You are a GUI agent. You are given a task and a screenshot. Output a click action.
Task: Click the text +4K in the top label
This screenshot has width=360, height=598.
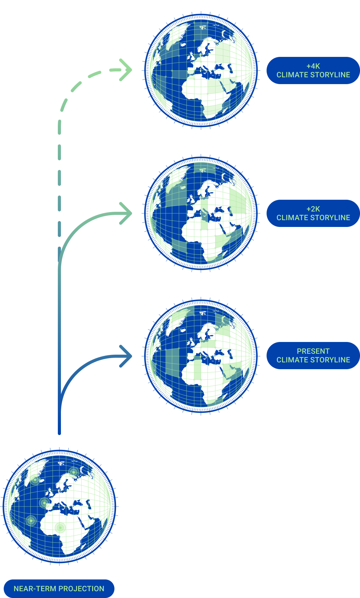[313, 66]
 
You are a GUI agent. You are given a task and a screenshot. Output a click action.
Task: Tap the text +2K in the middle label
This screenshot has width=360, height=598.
[313, 209]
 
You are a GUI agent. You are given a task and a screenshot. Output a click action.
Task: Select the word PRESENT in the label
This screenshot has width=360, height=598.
[313, 351]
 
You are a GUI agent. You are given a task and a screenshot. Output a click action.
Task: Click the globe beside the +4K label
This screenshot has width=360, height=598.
[201, 70]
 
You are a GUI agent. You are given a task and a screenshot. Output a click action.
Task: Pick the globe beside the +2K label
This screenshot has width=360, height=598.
[201, 213]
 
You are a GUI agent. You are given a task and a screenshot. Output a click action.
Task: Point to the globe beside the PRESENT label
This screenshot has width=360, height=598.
[201, 356]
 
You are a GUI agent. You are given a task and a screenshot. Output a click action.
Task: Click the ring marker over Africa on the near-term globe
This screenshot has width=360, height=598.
[60, 528]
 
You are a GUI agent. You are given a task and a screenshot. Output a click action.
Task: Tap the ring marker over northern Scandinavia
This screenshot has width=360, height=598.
[74, 472]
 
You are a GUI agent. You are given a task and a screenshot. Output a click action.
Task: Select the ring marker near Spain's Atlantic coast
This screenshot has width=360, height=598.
[45, 503]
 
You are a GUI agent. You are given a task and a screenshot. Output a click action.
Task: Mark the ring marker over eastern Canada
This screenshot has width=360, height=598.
[35, 480]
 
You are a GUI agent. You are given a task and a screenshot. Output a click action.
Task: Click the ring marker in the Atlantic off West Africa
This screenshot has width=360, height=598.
[31, 521]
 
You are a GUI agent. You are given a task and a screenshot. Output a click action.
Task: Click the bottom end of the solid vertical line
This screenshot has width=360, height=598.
[59, 434]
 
